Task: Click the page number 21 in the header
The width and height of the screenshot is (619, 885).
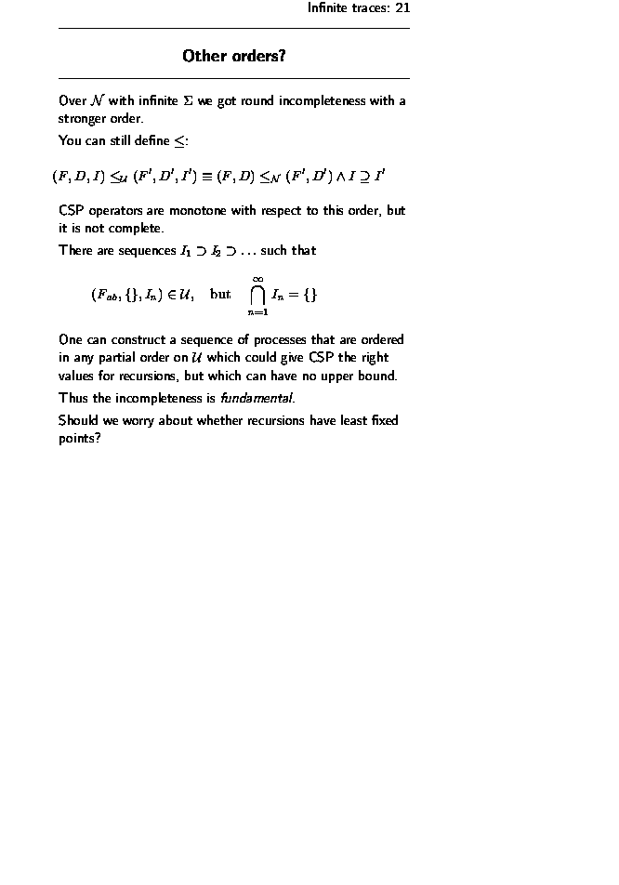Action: pos(402,8)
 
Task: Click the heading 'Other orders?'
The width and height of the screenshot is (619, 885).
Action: pos(233,57)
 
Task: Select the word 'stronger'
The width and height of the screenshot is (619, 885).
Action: pos(83,119)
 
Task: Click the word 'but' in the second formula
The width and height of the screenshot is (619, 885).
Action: pos(220,295)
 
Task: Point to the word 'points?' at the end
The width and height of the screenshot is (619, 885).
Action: pos(79,438)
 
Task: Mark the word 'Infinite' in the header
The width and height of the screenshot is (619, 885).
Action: pos(329,8)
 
